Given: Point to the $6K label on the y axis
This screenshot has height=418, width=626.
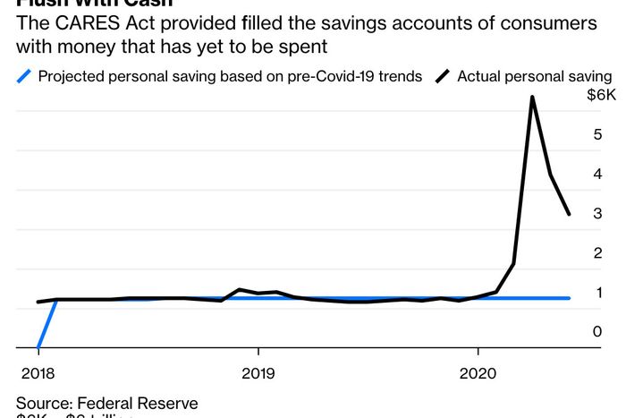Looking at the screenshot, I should pyautogui.click(x=599, y=95).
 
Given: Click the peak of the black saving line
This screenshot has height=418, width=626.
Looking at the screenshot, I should pyautogui.click(x=532, y=97).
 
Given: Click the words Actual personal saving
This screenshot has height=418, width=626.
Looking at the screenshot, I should pyautogui.click(x=535, y=76).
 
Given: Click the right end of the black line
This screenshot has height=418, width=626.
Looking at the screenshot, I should pyautogui.click(x=570, y=214).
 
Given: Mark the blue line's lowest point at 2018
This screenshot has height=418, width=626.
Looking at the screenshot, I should pyautogui.click(x=38, y=346).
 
